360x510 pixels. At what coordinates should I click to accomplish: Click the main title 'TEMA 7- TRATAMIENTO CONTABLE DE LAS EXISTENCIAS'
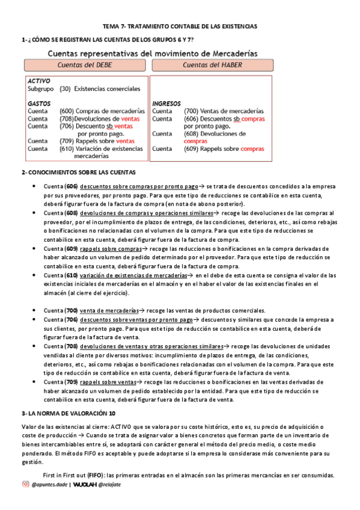180,26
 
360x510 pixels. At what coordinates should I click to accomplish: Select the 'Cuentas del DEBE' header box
85,65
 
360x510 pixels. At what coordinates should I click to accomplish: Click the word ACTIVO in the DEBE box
39,80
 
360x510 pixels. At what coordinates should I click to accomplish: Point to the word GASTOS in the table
39,103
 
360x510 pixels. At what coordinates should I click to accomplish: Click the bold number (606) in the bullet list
72,187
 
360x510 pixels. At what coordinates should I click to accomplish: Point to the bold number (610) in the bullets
72,275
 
